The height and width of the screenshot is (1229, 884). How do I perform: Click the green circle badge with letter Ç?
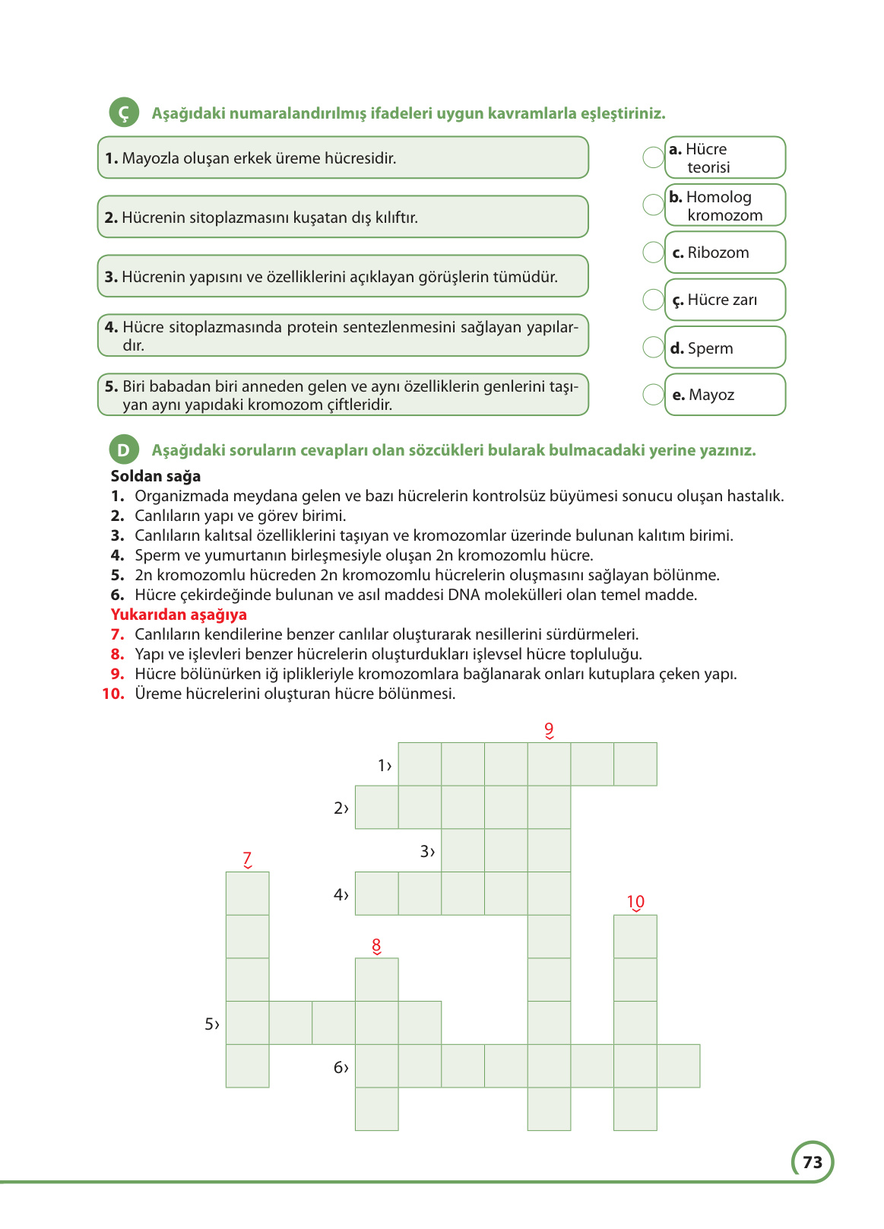tap(124, 113)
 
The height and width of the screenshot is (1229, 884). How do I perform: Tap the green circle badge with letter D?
tap(123, 449)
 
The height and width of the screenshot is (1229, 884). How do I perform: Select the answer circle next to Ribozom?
tap(653, 252)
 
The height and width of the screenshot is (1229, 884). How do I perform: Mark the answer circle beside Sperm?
tap(653, 348)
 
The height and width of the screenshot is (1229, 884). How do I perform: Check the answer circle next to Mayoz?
tap(653, 395)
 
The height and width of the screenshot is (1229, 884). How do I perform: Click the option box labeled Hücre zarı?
tap(724, 300)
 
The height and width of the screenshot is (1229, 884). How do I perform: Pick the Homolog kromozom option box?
tap(724, 205)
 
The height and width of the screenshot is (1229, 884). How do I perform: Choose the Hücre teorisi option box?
tap(724, 157)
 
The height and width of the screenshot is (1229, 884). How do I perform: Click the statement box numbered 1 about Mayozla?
tap(343, 157)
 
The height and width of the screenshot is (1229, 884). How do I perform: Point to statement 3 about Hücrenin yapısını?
tap(343, 276)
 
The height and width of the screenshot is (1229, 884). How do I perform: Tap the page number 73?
tap(812, 1162)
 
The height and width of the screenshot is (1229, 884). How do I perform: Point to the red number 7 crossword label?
tap(247, 859)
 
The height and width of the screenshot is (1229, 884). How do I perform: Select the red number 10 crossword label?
tap(635, 902)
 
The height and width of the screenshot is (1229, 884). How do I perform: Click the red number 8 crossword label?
tap(376, 945)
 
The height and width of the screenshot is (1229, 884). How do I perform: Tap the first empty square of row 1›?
tap(420, 764)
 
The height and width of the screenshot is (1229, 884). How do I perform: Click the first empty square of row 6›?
tap(376, 1066)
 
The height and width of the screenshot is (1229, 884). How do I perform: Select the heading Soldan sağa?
tap(156, 476)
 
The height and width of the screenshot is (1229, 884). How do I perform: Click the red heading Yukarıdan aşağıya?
tap(179, 614)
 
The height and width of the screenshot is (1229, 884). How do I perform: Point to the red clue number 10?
tap(113, 694)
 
